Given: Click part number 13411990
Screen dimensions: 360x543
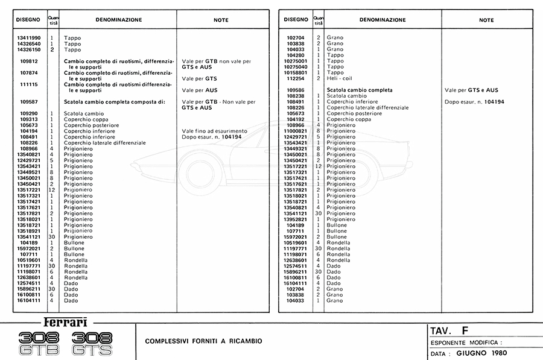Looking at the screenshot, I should point(30,38).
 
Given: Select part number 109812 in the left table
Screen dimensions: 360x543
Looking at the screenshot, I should point(30,62).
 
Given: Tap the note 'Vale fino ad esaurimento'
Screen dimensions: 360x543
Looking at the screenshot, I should point(214,131).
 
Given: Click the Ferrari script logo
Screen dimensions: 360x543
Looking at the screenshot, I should point(66,322).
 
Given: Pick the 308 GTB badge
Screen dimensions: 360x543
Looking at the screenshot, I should point(40,344).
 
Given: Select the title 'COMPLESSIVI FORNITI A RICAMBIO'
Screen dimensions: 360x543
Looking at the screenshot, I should point(203,341).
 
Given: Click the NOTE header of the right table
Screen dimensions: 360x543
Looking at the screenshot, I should point(486,20).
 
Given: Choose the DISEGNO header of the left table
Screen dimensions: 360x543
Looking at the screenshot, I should point(29,20).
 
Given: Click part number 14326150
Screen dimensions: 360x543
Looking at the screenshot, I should point(30,49).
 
